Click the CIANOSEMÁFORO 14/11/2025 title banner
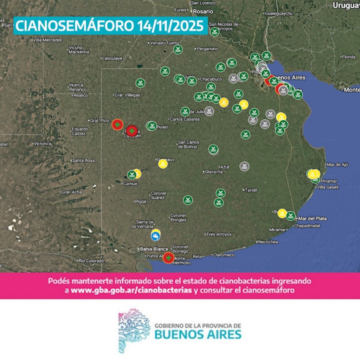pos(110,26)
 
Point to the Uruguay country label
pos(346,5)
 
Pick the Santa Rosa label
pos(83,160)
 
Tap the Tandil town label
pos(251,190)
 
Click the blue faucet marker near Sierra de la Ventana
pos(155,236)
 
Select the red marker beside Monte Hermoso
pos(169,258)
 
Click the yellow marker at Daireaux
pos(163,164)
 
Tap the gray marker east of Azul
pos(244,166)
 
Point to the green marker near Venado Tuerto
pos(178,50)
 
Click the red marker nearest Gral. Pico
pos(117,124)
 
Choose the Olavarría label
pos(214,172)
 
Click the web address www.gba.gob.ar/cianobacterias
pos(131,291)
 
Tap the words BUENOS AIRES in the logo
pos(198,334)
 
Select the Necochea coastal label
pos(268,242)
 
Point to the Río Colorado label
pos(91,261)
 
